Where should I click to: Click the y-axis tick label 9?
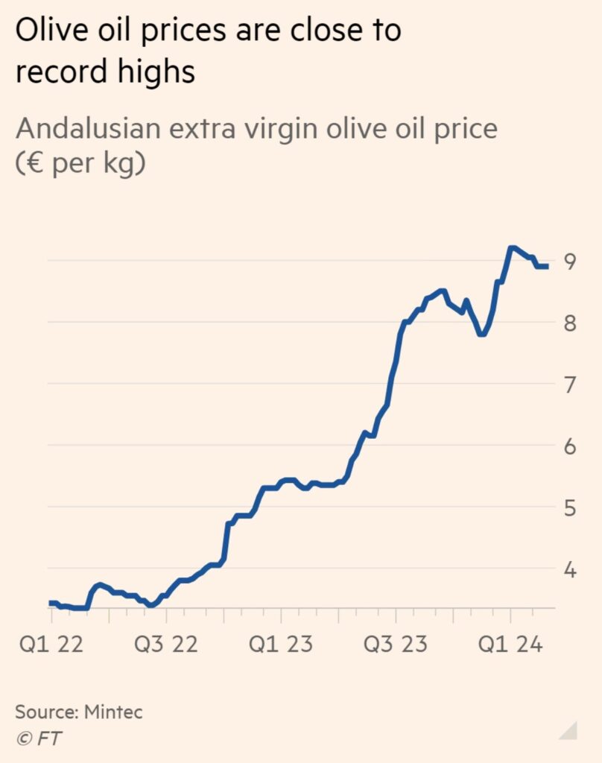coord(571,262)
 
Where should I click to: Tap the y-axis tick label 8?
coord(571,323)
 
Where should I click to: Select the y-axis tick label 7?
coord(571,385)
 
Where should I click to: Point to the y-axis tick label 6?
coord(571,447)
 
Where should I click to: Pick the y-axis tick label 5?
coord(571,509)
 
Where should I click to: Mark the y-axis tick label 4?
coord(571,571)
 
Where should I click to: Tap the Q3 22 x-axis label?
coord(166,643)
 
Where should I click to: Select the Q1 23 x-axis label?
coord(281,643)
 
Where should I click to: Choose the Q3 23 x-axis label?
coord(396,643)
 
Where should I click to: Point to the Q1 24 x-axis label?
coord(510,643)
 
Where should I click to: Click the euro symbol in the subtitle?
coord(32,163)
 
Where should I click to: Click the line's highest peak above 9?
coord(512,247)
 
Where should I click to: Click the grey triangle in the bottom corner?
coord(570,729)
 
